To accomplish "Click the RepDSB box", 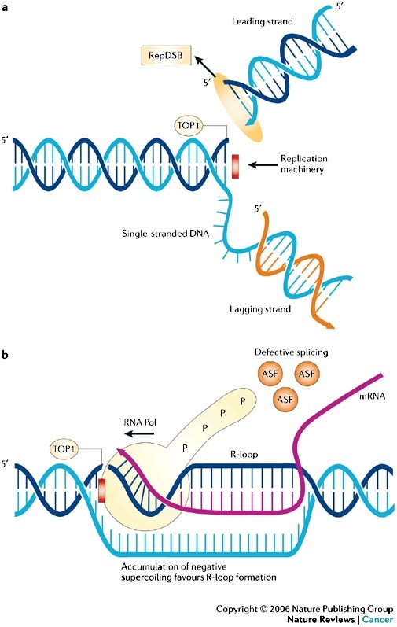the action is click(x=166, y=56).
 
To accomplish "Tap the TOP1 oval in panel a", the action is click(x=189, y=126).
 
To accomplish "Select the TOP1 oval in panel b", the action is click(x=64, y=448).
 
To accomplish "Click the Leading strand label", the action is click(x=262, y=21).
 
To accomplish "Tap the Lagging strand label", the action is click(x=260, y=309).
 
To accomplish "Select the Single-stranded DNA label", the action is click(x=165, y=233).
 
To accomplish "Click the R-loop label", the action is click(x=244, y=454).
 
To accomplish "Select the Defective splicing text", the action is click(x=291, y=352).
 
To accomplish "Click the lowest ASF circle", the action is click(x=285, y=399).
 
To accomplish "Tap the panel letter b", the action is click(x=5, y=354).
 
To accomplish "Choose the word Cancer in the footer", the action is click(x=377, y=619).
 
